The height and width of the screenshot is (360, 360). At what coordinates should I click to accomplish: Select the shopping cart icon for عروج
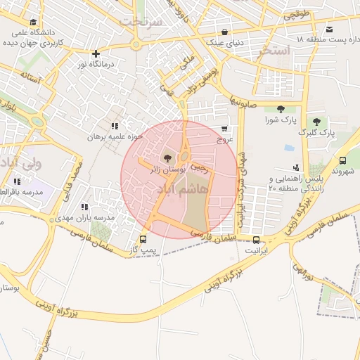pos(224,129)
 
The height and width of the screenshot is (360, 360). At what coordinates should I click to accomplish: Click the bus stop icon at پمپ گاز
pos(143,238)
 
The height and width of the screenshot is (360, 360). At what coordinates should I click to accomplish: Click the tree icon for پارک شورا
pos(281,108)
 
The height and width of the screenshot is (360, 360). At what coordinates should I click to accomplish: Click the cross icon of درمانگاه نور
pos(96,53)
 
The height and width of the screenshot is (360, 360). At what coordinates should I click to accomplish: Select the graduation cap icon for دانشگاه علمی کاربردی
pos(36,22)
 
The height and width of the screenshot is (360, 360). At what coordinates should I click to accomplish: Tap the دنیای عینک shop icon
pos(224,32)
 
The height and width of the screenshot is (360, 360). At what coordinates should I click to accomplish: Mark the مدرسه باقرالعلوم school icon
pos(17,181)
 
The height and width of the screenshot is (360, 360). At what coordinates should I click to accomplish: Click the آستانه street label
pos(36,77)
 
